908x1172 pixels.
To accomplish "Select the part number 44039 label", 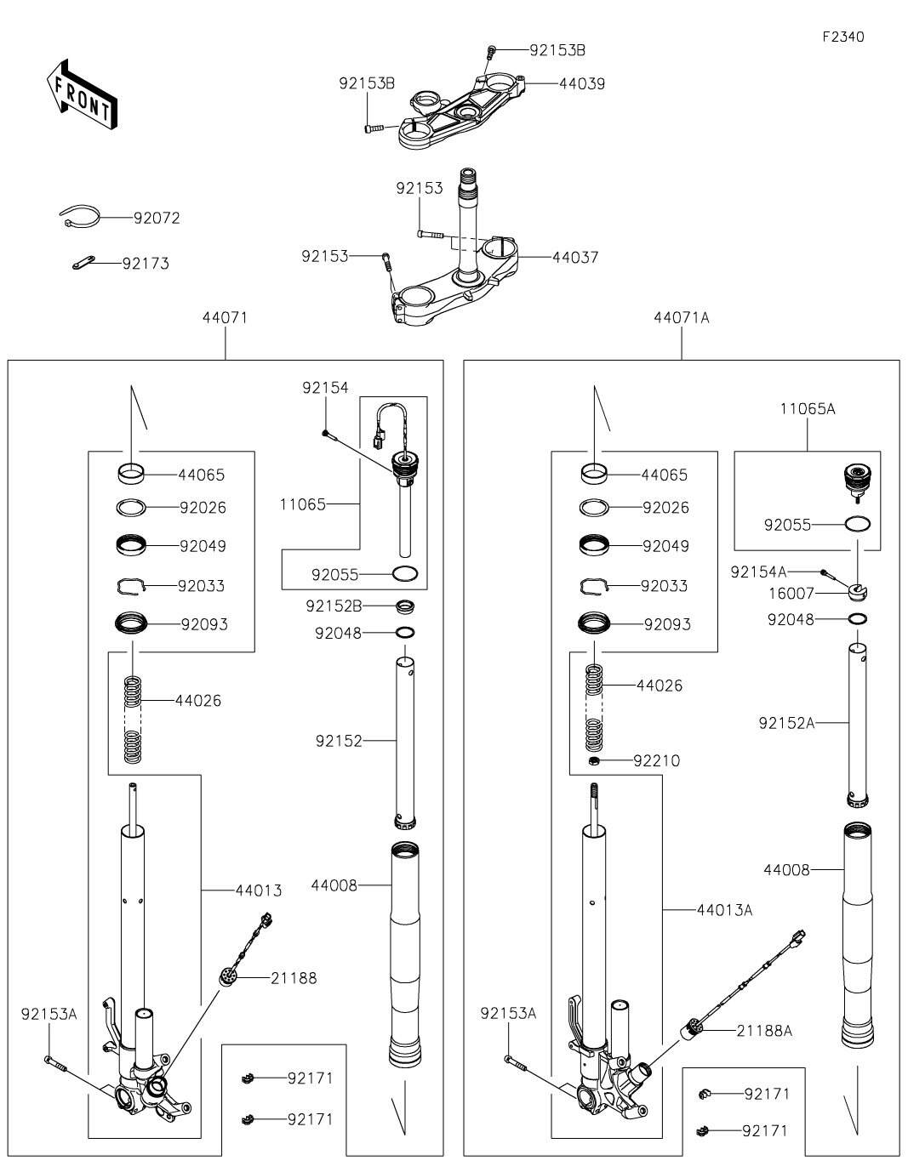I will [582, 84].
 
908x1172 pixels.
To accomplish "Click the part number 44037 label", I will [575, 257].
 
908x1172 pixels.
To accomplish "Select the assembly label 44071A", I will [681, 318].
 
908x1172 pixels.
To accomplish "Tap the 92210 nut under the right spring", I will [595, 760].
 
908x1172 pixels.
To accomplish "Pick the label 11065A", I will [807, 409].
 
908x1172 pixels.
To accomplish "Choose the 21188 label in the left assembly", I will [294, 978].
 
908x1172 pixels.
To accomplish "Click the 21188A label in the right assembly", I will [763, 1031].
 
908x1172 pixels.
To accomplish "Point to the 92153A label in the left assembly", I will [49, 1014].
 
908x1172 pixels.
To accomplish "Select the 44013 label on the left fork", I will [259, 890].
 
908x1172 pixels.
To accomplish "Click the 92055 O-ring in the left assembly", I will [406, 574].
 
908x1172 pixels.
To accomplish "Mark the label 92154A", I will [758, 572].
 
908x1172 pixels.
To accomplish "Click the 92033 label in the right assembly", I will [664, 586].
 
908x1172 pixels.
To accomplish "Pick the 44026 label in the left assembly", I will [198, 701].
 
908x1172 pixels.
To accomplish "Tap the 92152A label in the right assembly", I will [786, 723].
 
